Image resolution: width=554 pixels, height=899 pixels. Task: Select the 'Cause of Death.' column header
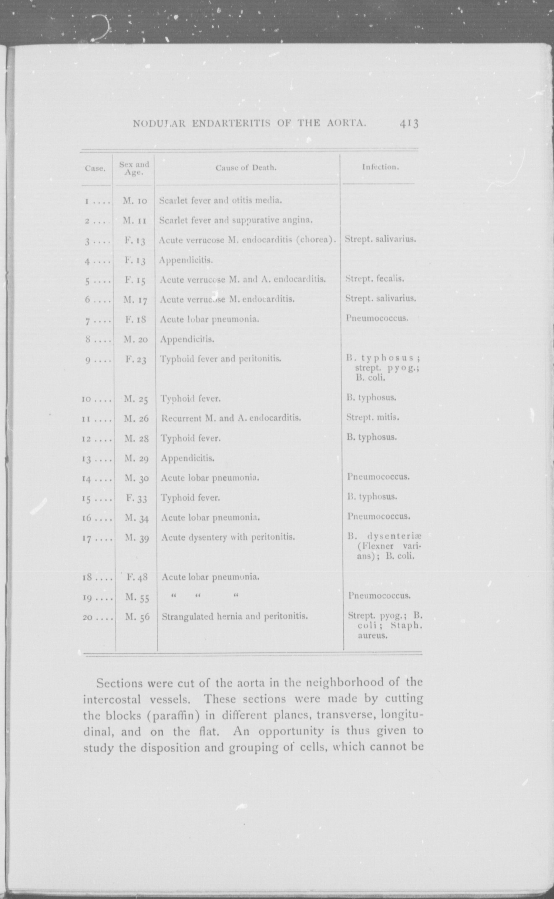coord(246,168)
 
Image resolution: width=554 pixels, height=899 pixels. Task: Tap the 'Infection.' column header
coord(380,167)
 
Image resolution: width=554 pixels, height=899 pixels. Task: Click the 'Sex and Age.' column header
coord(134,168)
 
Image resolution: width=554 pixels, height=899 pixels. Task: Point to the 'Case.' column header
coord(95,169)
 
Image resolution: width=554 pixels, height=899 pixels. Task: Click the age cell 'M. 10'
coord(135,201)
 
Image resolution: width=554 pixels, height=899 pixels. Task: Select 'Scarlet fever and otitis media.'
coord(220,200)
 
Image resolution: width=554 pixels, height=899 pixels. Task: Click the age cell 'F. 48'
coord(137,577)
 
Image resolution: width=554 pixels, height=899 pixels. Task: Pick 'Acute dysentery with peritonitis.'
coord(228,537)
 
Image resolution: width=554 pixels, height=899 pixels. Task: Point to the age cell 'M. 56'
coord(137,617)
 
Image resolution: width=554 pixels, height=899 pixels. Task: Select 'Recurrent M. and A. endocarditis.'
coord(231,418)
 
